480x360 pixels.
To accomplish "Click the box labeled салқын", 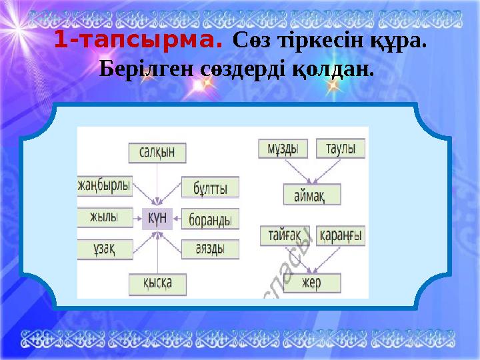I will (x=157, y=153).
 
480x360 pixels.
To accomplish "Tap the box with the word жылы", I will (x=105, y=216).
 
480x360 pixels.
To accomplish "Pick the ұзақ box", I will (x=105, y=249).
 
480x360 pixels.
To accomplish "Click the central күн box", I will (x=158, y=217).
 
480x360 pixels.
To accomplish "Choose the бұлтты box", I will (x=210, y=187).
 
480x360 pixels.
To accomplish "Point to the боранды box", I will (x=210, y=218).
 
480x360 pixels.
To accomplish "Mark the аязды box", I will (x=210, y=249).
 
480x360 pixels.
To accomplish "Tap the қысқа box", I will (x=157, y=283).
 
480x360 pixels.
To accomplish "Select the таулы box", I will (x=340, y=148).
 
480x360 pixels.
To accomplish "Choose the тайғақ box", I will (x=285, y=235).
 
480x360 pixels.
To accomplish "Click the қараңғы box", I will (x=341, y=235).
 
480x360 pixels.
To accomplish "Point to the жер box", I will (x=312, y=282).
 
